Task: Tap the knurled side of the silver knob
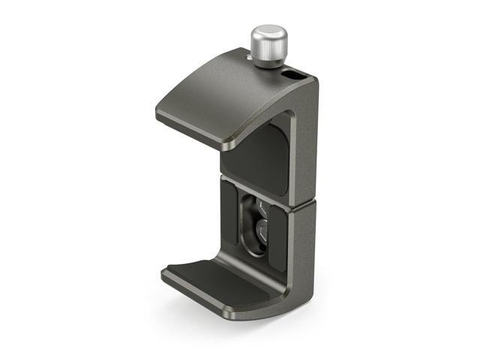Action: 269,52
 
